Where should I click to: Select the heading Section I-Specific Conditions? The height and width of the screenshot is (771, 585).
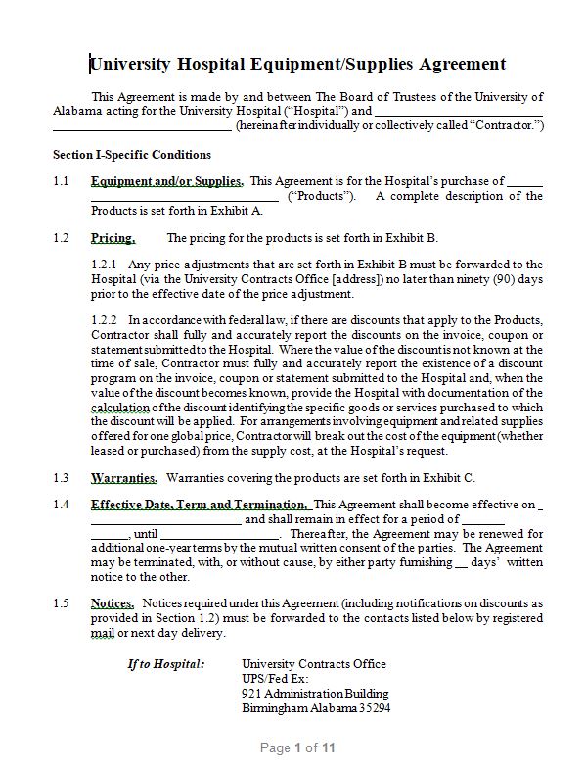(131, 155)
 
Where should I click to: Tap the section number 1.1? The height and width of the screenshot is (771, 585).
(61, 181)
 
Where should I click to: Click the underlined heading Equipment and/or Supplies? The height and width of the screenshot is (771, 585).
(166, 181)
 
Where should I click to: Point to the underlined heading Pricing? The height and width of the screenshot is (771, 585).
(112, 238)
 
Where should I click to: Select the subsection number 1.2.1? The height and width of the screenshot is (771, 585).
(105, 265)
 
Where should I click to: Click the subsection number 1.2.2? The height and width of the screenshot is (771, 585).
(105, 319)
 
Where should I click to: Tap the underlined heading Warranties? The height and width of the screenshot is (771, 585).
(124, 478)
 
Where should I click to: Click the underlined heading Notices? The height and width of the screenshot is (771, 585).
(112, 603)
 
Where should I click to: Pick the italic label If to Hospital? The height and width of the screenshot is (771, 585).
(166, 664)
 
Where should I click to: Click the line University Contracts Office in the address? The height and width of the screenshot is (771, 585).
(313, 664)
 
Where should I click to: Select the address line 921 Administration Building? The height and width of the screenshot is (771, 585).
(314, 694)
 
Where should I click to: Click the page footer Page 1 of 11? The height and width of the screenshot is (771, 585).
(297, 748)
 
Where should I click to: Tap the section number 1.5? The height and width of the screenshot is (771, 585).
(61, 603)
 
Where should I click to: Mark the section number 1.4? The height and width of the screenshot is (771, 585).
(61, 505)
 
